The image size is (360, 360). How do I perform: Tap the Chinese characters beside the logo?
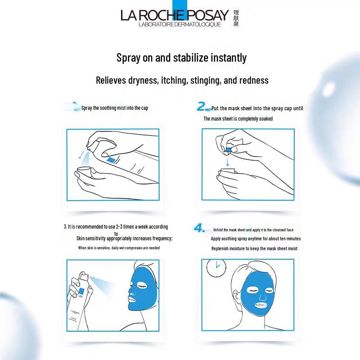coord(236,18)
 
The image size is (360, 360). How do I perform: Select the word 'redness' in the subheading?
coord(252,81)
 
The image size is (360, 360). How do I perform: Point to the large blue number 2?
coord(202,107)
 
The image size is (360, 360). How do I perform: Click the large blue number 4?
coord(199,228)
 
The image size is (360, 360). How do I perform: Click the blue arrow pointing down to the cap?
coord(227,161)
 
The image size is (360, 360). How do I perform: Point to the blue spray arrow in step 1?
coord(81,155)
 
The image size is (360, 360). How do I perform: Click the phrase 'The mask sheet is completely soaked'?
coord(238,119)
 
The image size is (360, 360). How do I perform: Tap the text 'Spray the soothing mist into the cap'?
coord(114,108)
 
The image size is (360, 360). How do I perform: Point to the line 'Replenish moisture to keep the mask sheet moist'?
coord(254,248)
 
